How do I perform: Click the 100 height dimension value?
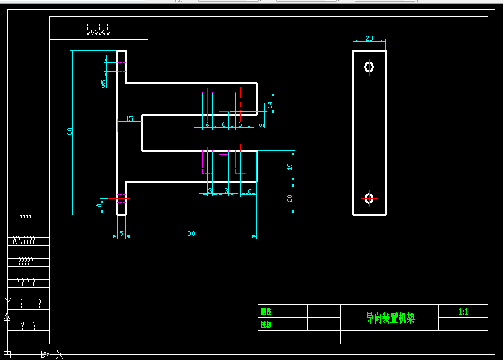pyautogui.click(x=70, y=132)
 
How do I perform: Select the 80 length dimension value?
pyautogui.click(x=191, y=233)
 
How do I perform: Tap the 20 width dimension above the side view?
pyautogui.click(x=369, y=38)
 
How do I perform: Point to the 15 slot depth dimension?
pyautogui.click(x=129, y=118)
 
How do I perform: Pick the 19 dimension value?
pyautogui.click(x=290, y=165)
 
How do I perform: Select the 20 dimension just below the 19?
pyautogui.click(x=290, y=198)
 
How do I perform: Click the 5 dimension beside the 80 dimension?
pyautogui.click(x=121, y=233)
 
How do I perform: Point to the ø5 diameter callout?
pyautogui.click(x=104, y=84)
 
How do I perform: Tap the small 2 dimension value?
pyautogui.click(x=261, y=124)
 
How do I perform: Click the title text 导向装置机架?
pyautogui.click(x=390, y=318)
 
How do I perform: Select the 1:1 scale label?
pyautogui.click(x=464, y=312)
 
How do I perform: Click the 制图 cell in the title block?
pyautogui.click(x=265, y=311)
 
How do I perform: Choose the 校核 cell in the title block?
pyautogui.click(x=265, y=324)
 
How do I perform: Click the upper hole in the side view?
pyautogui.click(x=369, y=67)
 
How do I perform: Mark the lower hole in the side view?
pyautogui.click(x=369, y=198)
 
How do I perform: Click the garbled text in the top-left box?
pyautogui.click(x=98, y=29)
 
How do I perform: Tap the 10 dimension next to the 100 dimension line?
pyautogui.click(x=99, y=205)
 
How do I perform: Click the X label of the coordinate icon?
pyautogui.click(x=60, y=354)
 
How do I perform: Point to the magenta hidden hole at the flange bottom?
pyautogui.click(x=121, y=198)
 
